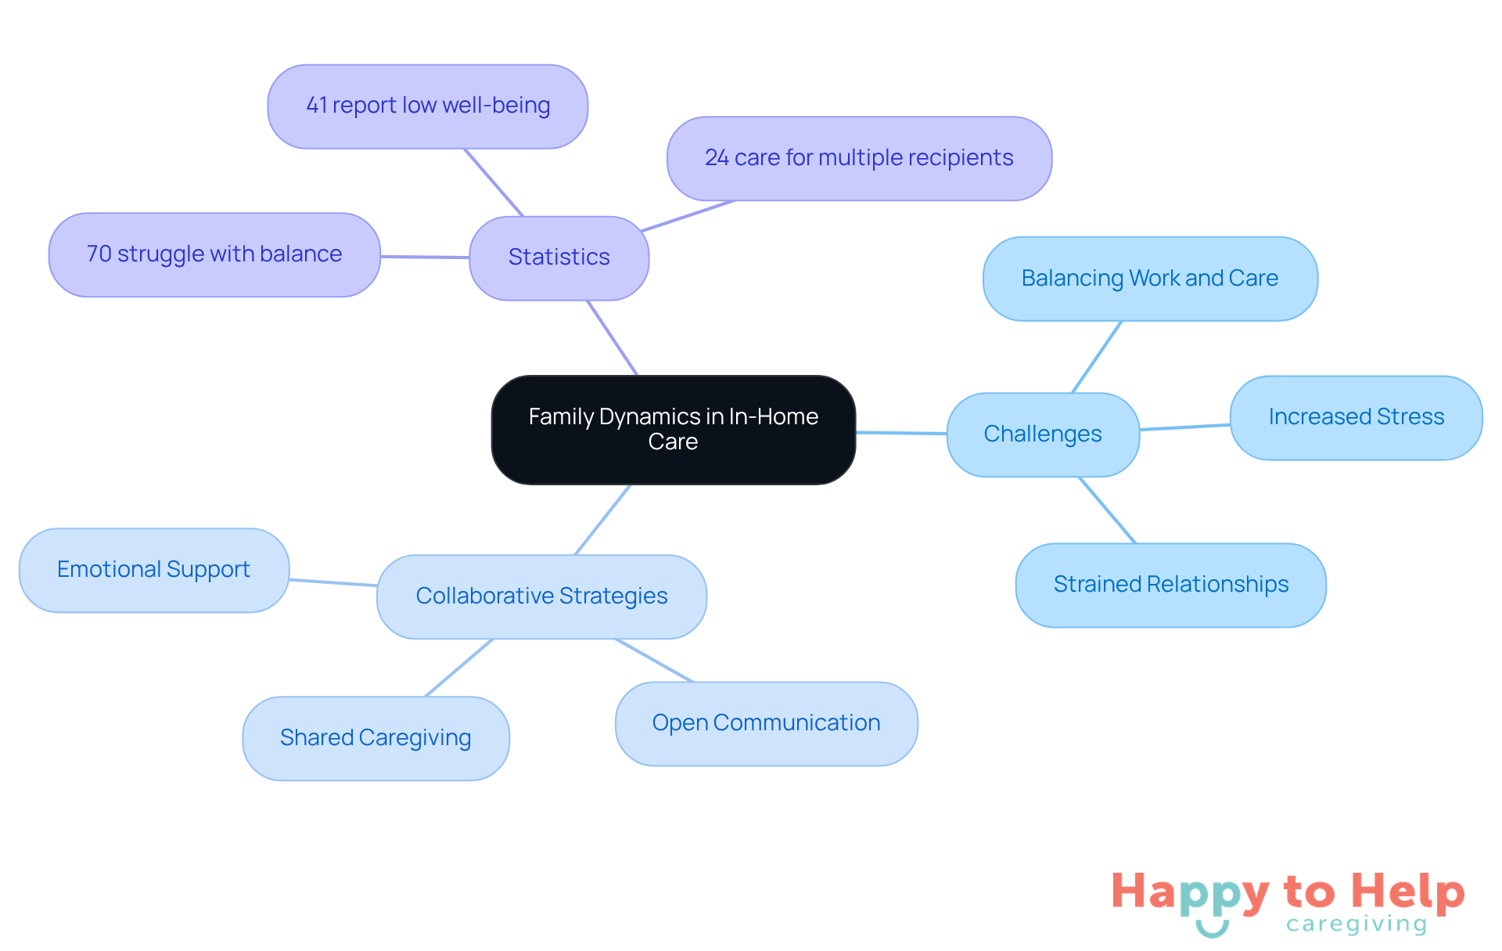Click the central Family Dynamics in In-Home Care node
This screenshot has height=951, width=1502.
click(673, 429)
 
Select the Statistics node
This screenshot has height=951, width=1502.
click(559, 258)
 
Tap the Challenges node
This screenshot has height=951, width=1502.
click(1042, 434)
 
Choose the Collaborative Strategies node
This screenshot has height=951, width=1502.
click(541, 596)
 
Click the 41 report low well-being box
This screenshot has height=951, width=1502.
click(427, 106)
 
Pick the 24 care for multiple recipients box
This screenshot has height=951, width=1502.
click(858, 158)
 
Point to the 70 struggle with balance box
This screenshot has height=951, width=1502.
click(214, 254)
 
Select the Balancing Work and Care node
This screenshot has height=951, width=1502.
click(1149, 279)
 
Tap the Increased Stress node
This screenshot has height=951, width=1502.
click(1356, 417)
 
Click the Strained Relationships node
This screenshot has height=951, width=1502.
click(1170, 585)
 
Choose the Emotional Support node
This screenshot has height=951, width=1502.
click(153, 570)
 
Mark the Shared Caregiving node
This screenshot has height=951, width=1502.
click(375, 738)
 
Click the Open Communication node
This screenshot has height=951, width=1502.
click(766, 723)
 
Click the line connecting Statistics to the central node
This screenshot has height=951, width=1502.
click(613, 337)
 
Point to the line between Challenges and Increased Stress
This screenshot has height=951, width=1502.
click(1184, 427)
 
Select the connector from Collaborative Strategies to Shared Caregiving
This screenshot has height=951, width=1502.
click(459, 668)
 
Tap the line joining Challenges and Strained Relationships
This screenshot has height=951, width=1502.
click(1107, 510)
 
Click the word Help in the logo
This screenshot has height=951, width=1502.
click(1407, 892)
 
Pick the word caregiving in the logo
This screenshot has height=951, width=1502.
click(1356, 924)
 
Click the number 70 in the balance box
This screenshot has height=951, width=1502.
click(99, 254)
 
